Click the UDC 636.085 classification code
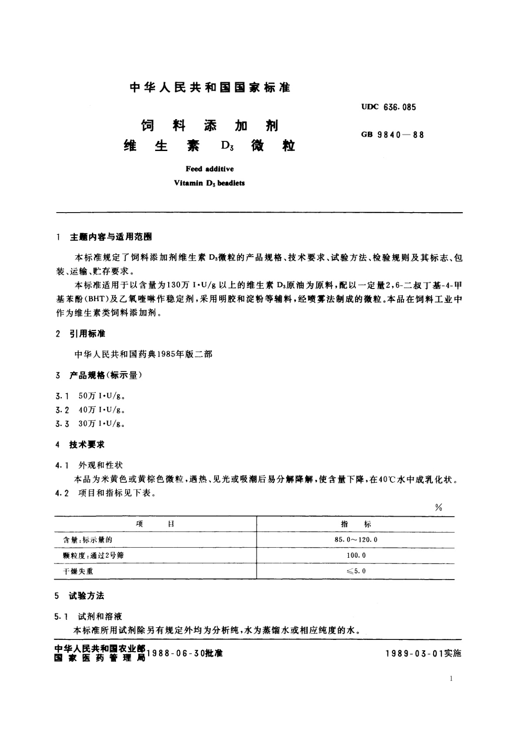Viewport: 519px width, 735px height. coord(388,107)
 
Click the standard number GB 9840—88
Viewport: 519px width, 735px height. coord(392,135)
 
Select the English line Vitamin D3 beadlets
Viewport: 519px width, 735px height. coord(210,183)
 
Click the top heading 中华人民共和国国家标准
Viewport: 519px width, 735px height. coord(210,88)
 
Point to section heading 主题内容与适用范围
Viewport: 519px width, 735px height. coord(111,237)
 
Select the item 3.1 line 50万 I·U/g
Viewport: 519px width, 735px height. coord(102,396)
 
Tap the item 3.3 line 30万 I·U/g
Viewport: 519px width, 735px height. coord(102,423)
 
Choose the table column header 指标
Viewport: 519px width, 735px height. coord(356,524)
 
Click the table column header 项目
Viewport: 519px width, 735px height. coord(155,524)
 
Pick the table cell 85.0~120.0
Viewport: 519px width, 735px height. coord(356,540)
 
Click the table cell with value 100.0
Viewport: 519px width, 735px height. coord(356,556)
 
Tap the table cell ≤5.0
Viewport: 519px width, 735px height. coord(356,571)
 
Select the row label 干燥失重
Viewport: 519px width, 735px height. coord(78,571)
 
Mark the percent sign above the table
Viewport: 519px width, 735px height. coord(438,508)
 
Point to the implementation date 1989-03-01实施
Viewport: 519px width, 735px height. coord(423,653)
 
